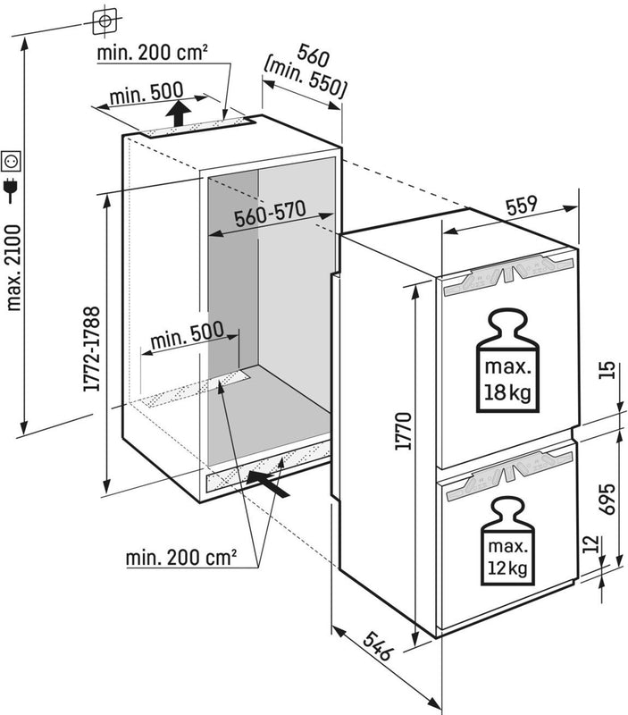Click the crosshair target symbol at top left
tap(105, 18)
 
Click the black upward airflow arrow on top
tap(179, 114)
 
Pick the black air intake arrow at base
tap(272, 484)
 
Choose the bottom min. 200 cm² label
tap(182, 558)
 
